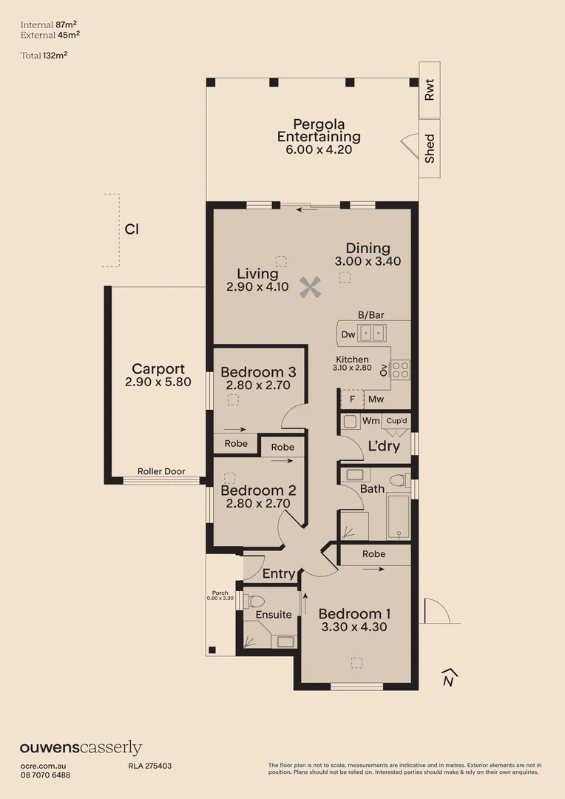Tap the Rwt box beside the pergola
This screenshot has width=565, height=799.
(430, 92)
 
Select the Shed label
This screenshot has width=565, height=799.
(430, 149)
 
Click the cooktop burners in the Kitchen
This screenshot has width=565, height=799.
(400, 368)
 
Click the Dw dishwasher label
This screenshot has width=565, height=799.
(348, 335)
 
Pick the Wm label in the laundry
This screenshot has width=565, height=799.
(371, 421)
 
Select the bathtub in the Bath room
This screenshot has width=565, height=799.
(399, 517)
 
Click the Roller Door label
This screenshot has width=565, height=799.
(161, 471)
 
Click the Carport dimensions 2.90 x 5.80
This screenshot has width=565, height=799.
(158, 382)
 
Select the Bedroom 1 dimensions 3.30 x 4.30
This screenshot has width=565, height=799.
(354, 627)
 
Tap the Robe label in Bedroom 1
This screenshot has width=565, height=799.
(374, 554)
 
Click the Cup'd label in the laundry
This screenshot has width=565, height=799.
(396, 421)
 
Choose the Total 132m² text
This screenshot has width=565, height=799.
(50, 55)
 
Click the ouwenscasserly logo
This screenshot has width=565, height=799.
(81, 748)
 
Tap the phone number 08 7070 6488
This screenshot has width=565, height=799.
(45, 775)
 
